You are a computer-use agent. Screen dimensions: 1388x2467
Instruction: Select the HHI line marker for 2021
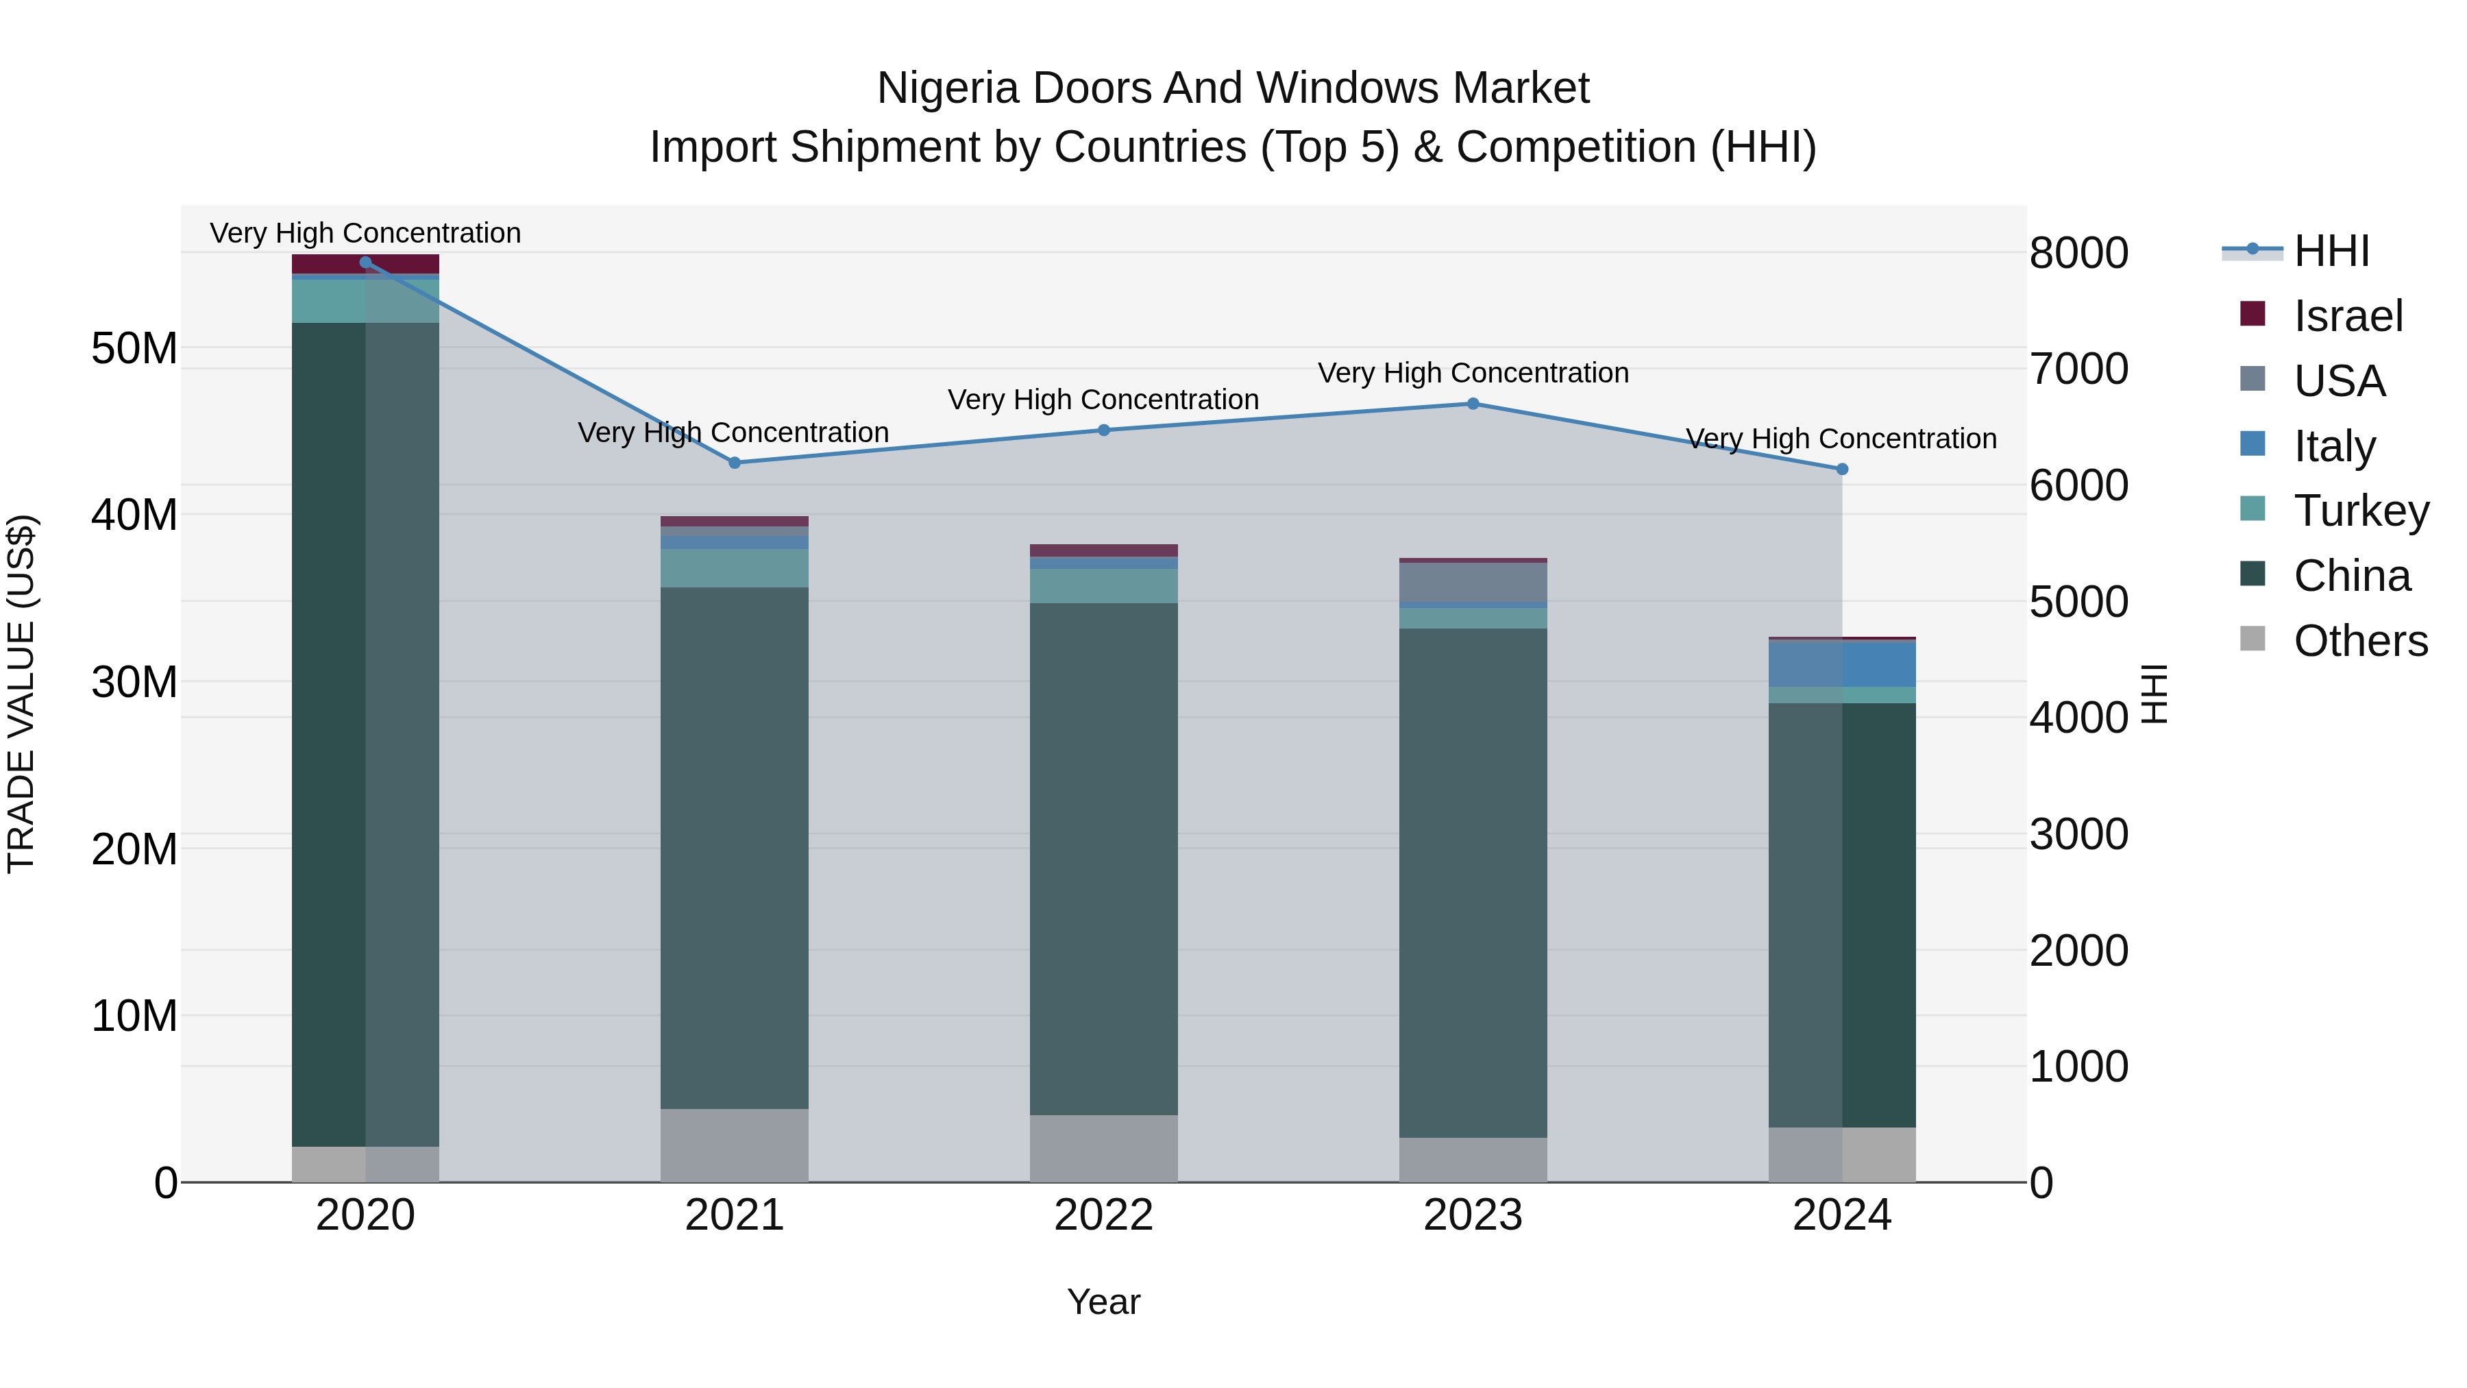click(735, 463)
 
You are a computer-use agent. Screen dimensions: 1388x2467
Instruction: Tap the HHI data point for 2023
click(1473, 404)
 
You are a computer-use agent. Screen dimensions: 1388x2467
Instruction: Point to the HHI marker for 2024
click(1841, 470)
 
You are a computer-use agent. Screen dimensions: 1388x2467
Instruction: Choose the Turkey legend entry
click(2361, 511)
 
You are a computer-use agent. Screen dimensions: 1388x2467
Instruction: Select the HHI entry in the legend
click(2331, 251)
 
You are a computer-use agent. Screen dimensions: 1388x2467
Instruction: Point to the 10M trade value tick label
click(134, 1015)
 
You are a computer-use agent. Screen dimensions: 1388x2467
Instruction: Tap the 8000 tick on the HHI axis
click(2079, 253)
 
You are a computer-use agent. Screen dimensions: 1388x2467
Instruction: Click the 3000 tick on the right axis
click(2079, 834)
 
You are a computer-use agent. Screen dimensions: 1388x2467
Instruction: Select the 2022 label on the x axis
click(1103, 1215)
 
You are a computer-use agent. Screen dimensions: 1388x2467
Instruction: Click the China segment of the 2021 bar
click(735, 848)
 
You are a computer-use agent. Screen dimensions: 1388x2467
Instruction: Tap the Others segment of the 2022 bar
click(1103, 1149)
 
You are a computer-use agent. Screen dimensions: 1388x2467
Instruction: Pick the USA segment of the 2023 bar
click(1473, 583)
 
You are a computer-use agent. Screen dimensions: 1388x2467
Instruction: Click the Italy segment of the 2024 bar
click(1841, 663)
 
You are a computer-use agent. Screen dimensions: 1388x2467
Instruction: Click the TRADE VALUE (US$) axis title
click(21, 694)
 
